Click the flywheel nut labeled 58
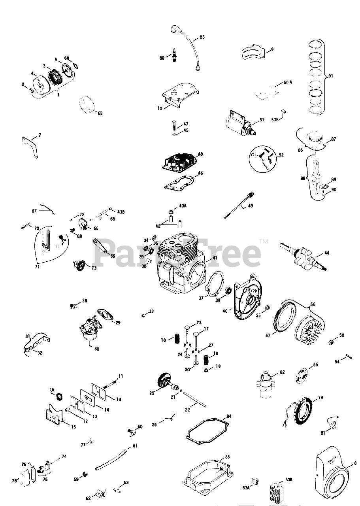[x=332, y=341]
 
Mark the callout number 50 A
[x=288, y=83]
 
